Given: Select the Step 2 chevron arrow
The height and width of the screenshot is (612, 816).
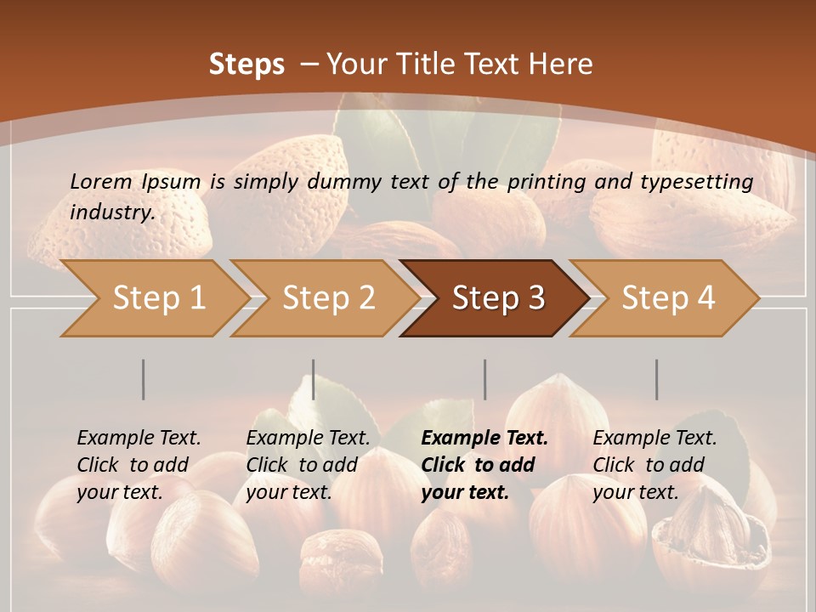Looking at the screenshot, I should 328,298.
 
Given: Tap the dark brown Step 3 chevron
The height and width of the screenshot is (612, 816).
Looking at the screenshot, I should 498,298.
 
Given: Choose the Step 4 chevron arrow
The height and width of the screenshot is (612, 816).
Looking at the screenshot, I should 668,298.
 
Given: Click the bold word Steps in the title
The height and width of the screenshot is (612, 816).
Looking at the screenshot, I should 246,65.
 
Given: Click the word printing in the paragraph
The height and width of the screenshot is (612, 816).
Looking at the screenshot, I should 545,181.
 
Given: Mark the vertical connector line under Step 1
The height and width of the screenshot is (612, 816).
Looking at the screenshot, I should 144,379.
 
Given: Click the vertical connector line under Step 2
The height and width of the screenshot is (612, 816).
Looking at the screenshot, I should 314,379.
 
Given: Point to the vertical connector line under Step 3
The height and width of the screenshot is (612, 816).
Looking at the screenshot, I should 484,379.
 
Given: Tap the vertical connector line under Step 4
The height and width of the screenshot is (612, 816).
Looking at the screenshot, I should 656,379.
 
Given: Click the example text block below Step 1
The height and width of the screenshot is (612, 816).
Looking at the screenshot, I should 139,465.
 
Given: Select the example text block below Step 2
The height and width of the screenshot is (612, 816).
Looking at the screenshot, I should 308,465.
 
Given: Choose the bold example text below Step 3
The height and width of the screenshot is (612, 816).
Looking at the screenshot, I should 484,465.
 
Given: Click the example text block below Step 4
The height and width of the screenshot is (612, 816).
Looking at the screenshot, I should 654,465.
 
